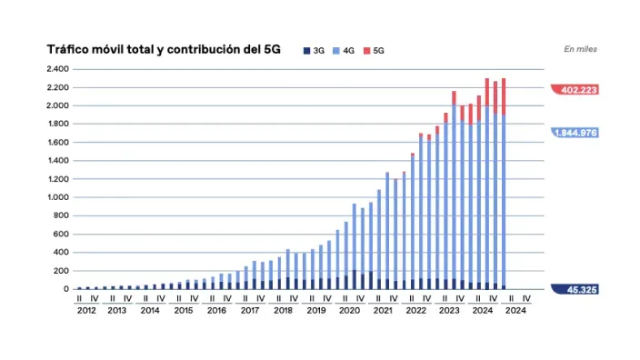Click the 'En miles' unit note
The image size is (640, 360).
coord(580,49)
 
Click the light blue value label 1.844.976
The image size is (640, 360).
coord(574,133)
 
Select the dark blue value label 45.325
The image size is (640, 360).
coord(574,289)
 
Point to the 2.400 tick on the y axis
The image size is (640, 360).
coord(57,69)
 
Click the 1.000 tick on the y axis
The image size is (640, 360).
coord(57,197)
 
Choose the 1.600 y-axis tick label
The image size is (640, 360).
coord(57,143)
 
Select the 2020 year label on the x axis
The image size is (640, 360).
coord(350,311)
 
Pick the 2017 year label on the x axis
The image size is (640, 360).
coord(250,311)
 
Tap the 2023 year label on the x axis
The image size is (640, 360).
coord(449,311)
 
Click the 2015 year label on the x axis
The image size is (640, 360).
coord(185,311)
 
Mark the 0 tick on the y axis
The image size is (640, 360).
coord(65,289)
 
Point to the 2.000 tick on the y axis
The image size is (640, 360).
coord(57,105)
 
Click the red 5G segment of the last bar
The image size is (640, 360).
coord(504,96)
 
